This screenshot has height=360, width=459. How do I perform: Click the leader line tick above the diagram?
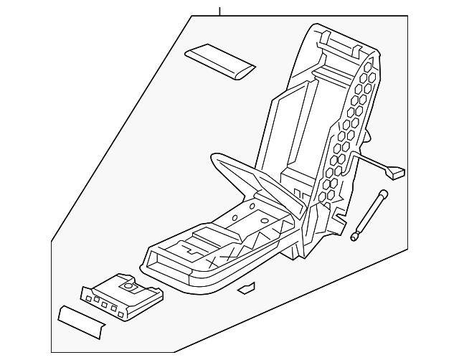pyautogui.click(x=220, y=11)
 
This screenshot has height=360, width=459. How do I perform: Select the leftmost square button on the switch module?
pyautogui.click(x=87, y=296)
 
